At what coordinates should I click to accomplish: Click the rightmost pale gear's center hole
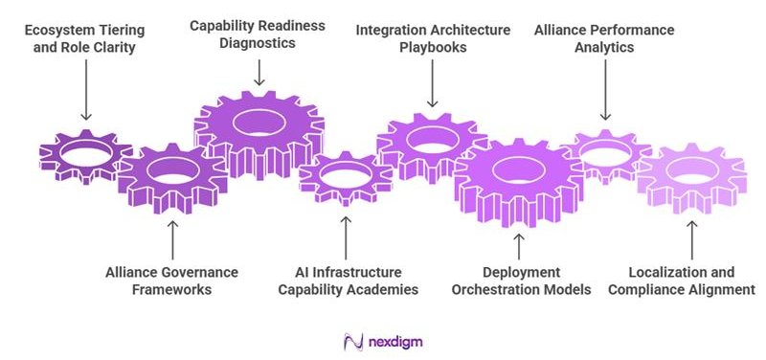click(x=691, y=175)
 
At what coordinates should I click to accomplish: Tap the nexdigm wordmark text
click(x=394, y=341)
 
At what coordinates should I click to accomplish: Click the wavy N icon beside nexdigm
click(x=351, y=341)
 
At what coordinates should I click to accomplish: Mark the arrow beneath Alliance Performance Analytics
click(x=604, y=96)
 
